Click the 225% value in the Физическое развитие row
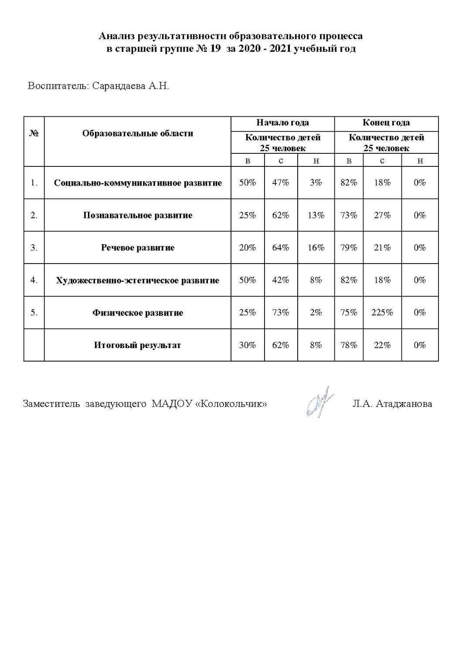coord(382,312)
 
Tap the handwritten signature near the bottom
coord(320,402)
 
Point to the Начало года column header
coord(282,123)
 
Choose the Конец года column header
coord(386,123)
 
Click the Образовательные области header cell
coord(138,133)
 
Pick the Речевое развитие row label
coord(138,247)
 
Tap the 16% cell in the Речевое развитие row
coord(316,247)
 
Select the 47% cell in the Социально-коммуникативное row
coord(281,183)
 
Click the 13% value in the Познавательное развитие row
coord(316,215)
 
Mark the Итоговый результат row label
coord(138,345)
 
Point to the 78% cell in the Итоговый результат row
coord(349,345)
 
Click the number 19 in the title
coord(216,49)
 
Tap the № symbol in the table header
coord(34,133)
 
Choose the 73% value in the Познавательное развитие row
coord(349,215)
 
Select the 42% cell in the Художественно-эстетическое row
coord(281,280)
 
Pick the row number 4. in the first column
coord(34,280)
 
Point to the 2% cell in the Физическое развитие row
coord(316,312)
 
